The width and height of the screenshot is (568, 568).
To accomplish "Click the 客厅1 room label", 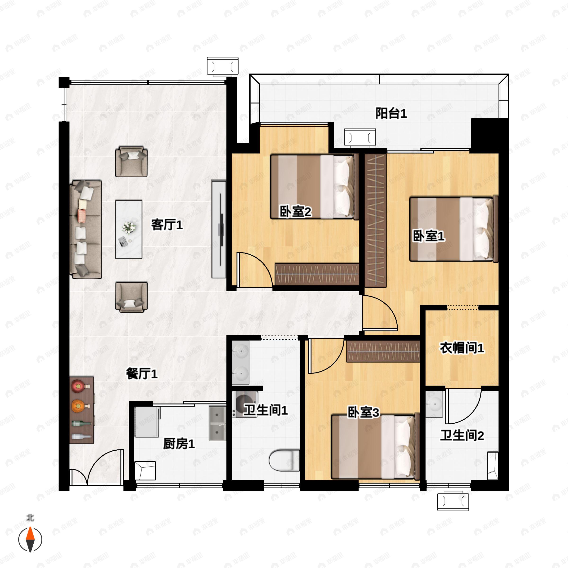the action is [x=167, y=225].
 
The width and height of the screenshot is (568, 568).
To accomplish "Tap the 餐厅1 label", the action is [x=142, y=374].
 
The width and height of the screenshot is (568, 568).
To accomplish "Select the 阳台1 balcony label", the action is [x=391, y=114].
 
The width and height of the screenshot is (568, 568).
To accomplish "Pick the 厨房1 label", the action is [x=179, y=444].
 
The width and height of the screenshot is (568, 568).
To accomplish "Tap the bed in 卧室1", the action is [x=454, y=229].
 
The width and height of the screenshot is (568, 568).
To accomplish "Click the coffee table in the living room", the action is [x=129, y=230].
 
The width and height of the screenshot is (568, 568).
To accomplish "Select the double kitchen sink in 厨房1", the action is [x=217, y=424].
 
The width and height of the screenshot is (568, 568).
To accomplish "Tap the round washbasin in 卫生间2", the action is [x=434, y=404].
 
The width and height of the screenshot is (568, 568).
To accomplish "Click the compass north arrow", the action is [x=30, y=540].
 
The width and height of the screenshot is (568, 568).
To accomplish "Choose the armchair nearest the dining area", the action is [x=131, y=297].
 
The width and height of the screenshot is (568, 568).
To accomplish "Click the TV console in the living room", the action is [x=219, y=230].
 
